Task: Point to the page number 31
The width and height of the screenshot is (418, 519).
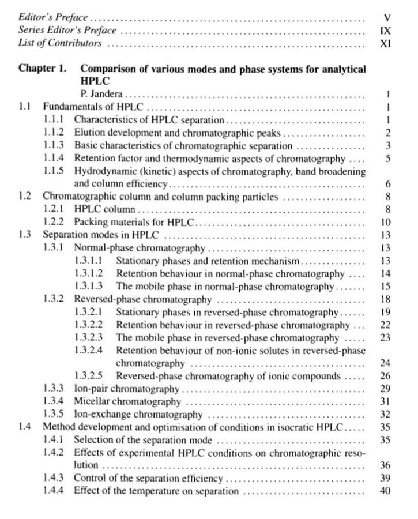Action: click(386, 401)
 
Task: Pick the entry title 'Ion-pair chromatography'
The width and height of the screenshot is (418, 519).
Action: click(127, 389)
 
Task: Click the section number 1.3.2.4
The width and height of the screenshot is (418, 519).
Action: click(89, 350)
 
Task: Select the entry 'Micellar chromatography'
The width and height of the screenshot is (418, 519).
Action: click(127, 401)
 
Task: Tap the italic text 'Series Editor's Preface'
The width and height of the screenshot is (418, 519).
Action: click(67, 30)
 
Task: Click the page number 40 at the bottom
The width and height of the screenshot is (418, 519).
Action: click(386, 491)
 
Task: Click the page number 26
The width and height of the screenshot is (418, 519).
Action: click(386, 376)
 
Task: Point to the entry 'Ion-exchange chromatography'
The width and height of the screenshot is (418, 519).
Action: click(138, 414)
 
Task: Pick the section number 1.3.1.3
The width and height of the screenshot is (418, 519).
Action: click(89, 286)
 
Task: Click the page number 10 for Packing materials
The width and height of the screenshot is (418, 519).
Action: click(386, 222)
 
